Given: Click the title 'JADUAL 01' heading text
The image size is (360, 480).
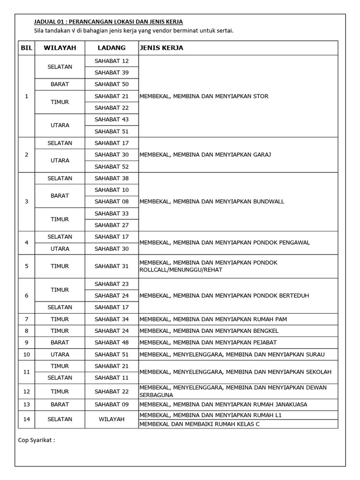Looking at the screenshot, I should pyautogui.click(x=108, y=22).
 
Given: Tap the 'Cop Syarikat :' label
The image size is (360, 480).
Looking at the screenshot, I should pyautogui.click(x=37, y=440).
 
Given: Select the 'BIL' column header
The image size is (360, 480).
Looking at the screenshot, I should pyautogui.click(x=26, y=48).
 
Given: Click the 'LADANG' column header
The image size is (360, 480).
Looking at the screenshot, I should pyautogui.click(x=112, y=48).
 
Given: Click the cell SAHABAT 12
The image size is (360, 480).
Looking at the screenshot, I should pyautogui.click(x=112, y=61).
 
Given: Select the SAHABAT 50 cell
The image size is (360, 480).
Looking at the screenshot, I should pyautogui.click(x=112, y=84).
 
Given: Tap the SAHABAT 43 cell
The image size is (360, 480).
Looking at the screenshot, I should pyautogui.click(x=112, y=120).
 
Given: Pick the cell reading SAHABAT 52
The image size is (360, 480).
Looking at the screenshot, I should pyautogui.click(x=112, y=166).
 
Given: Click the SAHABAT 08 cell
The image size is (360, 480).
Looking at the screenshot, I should pyautogui.click(x=112, y=202).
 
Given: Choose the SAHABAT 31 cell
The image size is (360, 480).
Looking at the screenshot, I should pyautogui.click(x=112, y=266).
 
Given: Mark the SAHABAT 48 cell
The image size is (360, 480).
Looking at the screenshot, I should pyautogui.click(x=112, y=343).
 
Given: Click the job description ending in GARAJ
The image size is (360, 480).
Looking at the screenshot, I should pyautogui.click(x=205, y=155).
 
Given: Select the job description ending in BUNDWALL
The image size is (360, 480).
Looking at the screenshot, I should pyautogui.click(x=212, y=202).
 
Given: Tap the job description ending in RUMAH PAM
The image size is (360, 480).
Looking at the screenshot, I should pyautogui.click(x=213, y=319).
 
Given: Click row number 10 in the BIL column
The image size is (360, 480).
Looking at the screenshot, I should pyautogui.click(x=26, y=354).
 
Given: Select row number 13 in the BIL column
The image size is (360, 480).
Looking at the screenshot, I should pyautogui.click(x=26, y=405).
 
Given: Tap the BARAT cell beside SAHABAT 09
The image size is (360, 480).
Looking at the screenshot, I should pyautogui.click(x=60, y=405).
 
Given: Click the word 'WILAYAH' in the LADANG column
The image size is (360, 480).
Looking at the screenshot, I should pyautogui.click(x=112, y=419).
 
